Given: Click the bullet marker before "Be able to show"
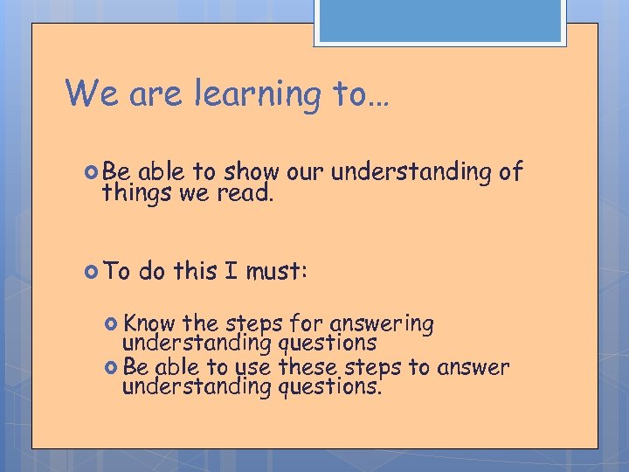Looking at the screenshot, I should [93, 172].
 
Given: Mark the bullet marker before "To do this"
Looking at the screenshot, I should [93, 271].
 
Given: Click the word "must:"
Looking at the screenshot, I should [276, 271].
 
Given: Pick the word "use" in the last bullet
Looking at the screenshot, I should [254, 368].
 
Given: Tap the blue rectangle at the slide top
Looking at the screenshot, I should [440, 21].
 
